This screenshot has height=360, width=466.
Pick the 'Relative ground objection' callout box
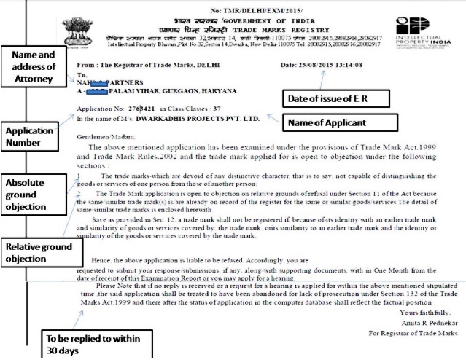point(37,251)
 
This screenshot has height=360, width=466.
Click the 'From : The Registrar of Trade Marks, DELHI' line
point(139,65)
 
